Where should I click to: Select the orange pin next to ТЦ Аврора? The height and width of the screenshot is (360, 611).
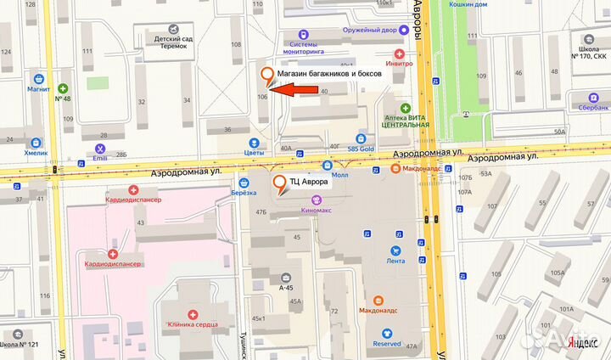click(278, 183)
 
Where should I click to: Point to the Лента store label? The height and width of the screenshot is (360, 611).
click(395, 262)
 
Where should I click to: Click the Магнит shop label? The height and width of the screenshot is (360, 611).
click(39, 88)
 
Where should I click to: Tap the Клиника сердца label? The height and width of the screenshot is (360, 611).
click(193, 324)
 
